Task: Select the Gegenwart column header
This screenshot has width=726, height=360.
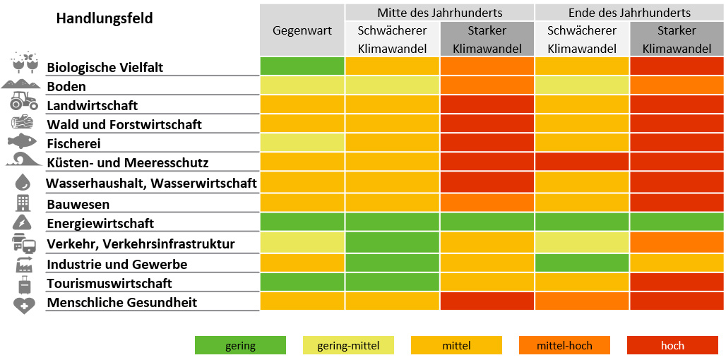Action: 302,30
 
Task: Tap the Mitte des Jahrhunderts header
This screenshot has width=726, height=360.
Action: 439,13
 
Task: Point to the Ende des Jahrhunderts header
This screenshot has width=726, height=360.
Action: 629,13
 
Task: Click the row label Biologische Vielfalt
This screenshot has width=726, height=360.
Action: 105,68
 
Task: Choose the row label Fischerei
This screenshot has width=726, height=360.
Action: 74,143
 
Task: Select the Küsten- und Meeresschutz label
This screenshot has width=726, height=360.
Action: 128,162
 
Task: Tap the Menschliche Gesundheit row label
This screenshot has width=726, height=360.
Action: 122,302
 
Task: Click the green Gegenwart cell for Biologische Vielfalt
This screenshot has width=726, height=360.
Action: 302,66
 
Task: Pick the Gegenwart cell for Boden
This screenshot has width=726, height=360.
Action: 302,85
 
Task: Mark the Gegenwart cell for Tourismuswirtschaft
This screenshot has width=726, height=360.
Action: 302,282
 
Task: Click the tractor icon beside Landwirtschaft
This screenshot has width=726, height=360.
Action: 23,102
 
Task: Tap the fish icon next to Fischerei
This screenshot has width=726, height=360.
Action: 22,141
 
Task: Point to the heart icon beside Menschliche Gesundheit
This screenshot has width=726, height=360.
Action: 23,305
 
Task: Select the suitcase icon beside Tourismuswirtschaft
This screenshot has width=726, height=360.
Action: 24,285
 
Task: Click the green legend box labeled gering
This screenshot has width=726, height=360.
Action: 241,346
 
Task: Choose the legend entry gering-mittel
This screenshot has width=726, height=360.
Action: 348,346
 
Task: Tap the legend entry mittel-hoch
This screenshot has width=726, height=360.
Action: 564,346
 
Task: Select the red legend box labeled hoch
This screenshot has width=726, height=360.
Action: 672,346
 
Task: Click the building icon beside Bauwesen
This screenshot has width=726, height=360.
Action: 23,203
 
